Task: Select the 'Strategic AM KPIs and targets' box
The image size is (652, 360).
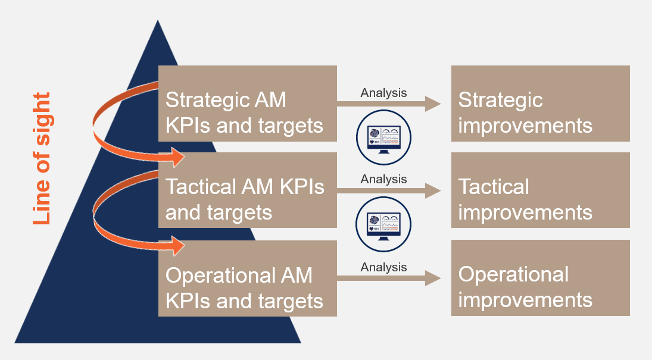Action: click(247, 104)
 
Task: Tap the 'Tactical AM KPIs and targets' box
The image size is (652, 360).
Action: click(247, 190)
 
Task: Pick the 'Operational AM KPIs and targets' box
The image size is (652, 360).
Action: click(247, 278)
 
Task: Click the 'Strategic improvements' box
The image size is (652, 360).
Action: click(540, 104)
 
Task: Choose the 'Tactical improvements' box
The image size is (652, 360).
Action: click(540, 190)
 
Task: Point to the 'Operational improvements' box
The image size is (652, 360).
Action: click(540, 278)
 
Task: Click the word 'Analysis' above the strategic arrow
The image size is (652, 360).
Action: click(383, 93)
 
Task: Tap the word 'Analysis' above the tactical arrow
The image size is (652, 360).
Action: click(383, 179)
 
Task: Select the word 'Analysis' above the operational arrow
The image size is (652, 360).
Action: click(383, 267)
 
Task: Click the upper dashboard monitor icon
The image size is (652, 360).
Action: click(384, 137)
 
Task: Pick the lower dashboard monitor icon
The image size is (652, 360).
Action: click(384, 224)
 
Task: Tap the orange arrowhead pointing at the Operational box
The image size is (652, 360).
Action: click(177, 245)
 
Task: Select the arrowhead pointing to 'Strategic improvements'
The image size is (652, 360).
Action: click(433, 104)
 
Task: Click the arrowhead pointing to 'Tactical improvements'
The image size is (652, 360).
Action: click(433, 190)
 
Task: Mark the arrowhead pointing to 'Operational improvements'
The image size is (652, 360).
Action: click(433, 278)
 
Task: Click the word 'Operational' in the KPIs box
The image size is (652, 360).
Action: click(218, 276)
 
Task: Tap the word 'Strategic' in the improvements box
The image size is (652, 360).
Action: click(500, 100)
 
